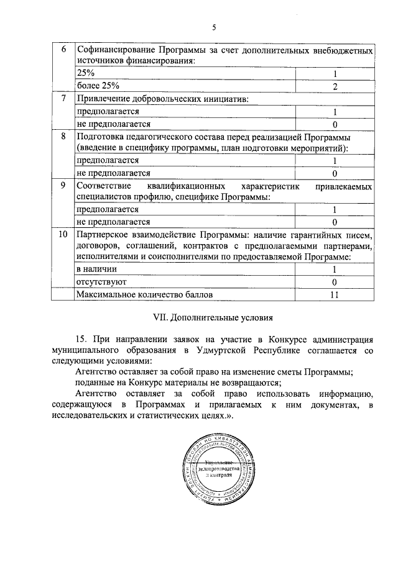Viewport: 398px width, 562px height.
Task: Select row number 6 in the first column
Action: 62,49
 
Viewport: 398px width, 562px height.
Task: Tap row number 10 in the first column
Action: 62,235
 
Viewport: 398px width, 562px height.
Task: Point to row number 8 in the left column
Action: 62,136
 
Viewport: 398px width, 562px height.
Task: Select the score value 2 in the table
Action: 335,86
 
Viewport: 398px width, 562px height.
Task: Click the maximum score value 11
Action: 335,294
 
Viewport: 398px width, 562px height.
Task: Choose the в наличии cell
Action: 96,270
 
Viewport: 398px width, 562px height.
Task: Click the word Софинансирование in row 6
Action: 115,49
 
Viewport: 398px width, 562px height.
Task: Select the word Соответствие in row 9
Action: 104,186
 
